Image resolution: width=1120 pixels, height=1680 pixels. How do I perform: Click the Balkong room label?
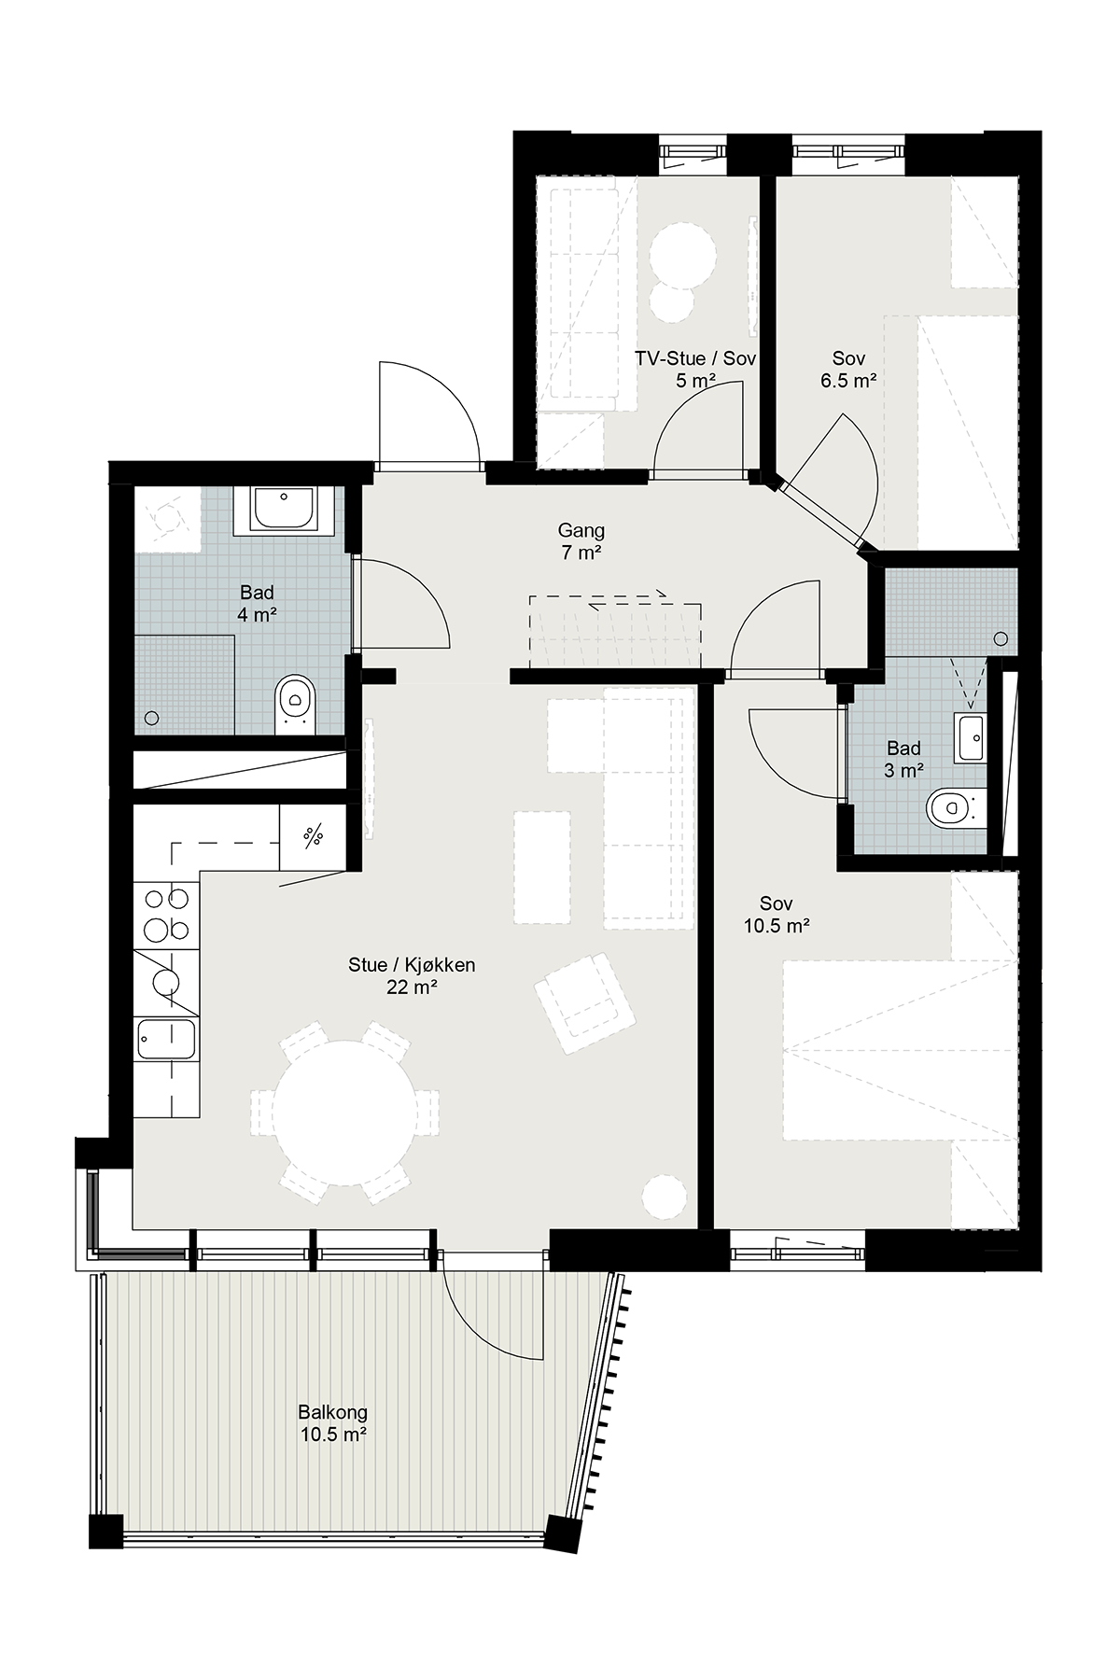(x=333, y=1412)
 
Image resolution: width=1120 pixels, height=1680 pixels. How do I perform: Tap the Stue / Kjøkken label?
(x=412, y=965)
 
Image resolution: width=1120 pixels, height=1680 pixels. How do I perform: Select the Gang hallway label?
(x=581, y=530)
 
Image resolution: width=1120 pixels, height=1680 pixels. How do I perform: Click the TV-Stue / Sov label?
(x=695, y=358)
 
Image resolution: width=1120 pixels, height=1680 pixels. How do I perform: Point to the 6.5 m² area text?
(x=848, y=381)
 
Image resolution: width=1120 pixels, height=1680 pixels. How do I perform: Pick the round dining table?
(x=344, y=1112)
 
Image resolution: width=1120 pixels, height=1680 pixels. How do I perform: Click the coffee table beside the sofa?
(x=541, y=867)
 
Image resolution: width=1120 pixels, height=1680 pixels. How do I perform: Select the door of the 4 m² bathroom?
(x=401, y=605)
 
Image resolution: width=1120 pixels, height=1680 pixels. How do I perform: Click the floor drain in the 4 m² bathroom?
(x=152, y=718)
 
